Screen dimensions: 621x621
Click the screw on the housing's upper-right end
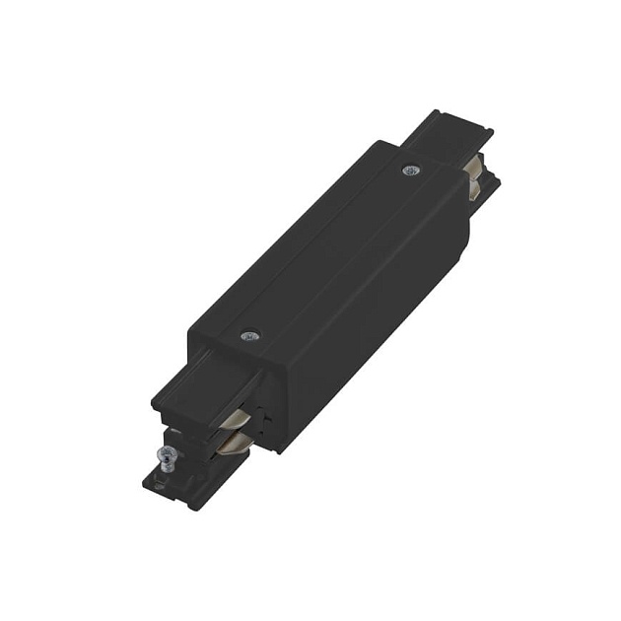click(410, 170)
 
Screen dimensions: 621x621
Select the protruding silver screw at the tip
click(168, 454)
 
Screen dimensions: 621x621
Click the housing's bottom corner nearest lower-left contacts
click(280, 449)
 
